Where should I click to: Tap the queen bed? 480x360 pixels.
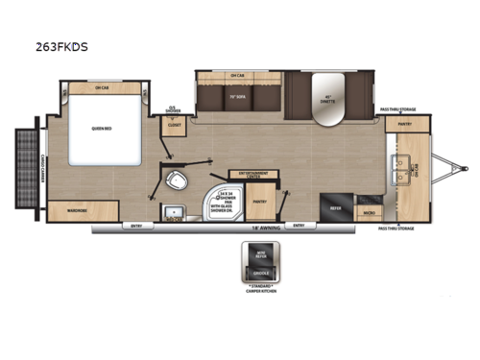click(103, 135)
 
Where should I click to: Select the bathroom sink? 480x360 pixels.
click(175, 213)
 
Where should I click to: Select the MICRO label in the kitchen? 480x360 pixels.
click(370, 211)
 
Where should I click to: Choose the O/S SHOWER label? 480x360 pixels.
click(173, 110)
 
